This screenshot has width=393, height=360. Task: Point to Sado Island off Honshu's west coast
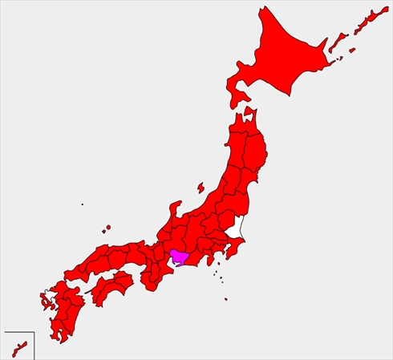pos(200,189)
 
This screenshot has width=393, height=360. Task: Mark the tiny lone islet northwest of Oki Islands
pos(82,204)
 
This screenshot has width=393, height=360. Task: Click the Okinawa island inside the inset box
pos(22,348)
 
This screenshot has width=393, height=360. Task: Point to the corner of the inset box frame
pos(32,331)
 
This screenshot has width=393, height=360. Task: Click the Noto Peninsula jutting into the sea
pos(171,212)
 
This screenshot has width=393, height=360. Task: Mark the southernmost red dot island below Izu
pos(226,300)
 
